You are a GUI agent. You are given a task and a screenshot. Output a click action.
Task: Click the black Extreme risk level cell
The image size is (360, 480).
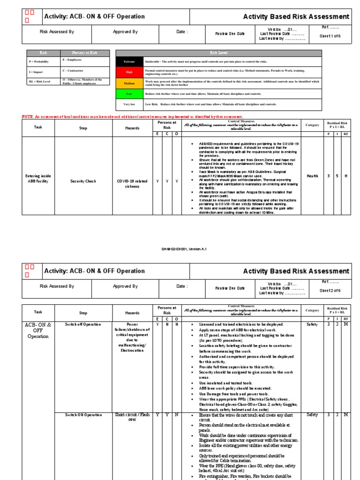pyautogui.click(x=129, y=61)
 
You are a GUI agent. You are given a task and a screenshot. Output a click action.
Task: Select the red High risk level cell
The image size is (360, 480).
pyautogui.click(x=129, y=72)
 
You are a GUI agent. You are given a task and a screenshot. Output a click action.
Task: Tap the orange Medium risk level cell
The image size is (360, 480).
pyautogui.click(x=129, y=83)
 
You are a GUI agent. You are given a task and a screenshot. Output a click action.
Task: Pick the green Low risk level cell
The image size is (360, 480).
pyautogui.click(x=129, y=94)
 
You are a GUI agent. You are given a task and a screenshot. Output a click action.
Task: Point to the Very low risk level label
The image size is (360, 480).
pyautogui.click(x=129, y=105)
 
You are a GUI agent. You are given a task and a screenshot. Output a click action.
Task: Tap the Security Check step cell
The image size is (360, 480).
pyautogui.click(x=83, y=180)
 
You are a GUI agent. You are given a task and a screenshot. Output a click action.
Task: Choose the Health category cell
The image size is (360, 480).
pyautogui.click(x=312, y=176)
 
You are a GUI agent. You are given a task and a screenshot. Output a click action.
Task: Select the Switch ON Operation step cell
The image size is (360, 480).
pyautogui.click(x=83, y=415)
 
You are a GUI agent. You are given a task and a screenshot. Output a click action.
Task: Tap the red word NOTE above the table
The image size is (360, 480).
pyautogui.click(x=28, y=116)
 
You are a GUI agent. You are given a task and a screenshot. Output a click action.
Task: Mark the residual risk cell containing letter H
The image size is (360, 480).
pyautogui.click(x=346, y=176)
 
